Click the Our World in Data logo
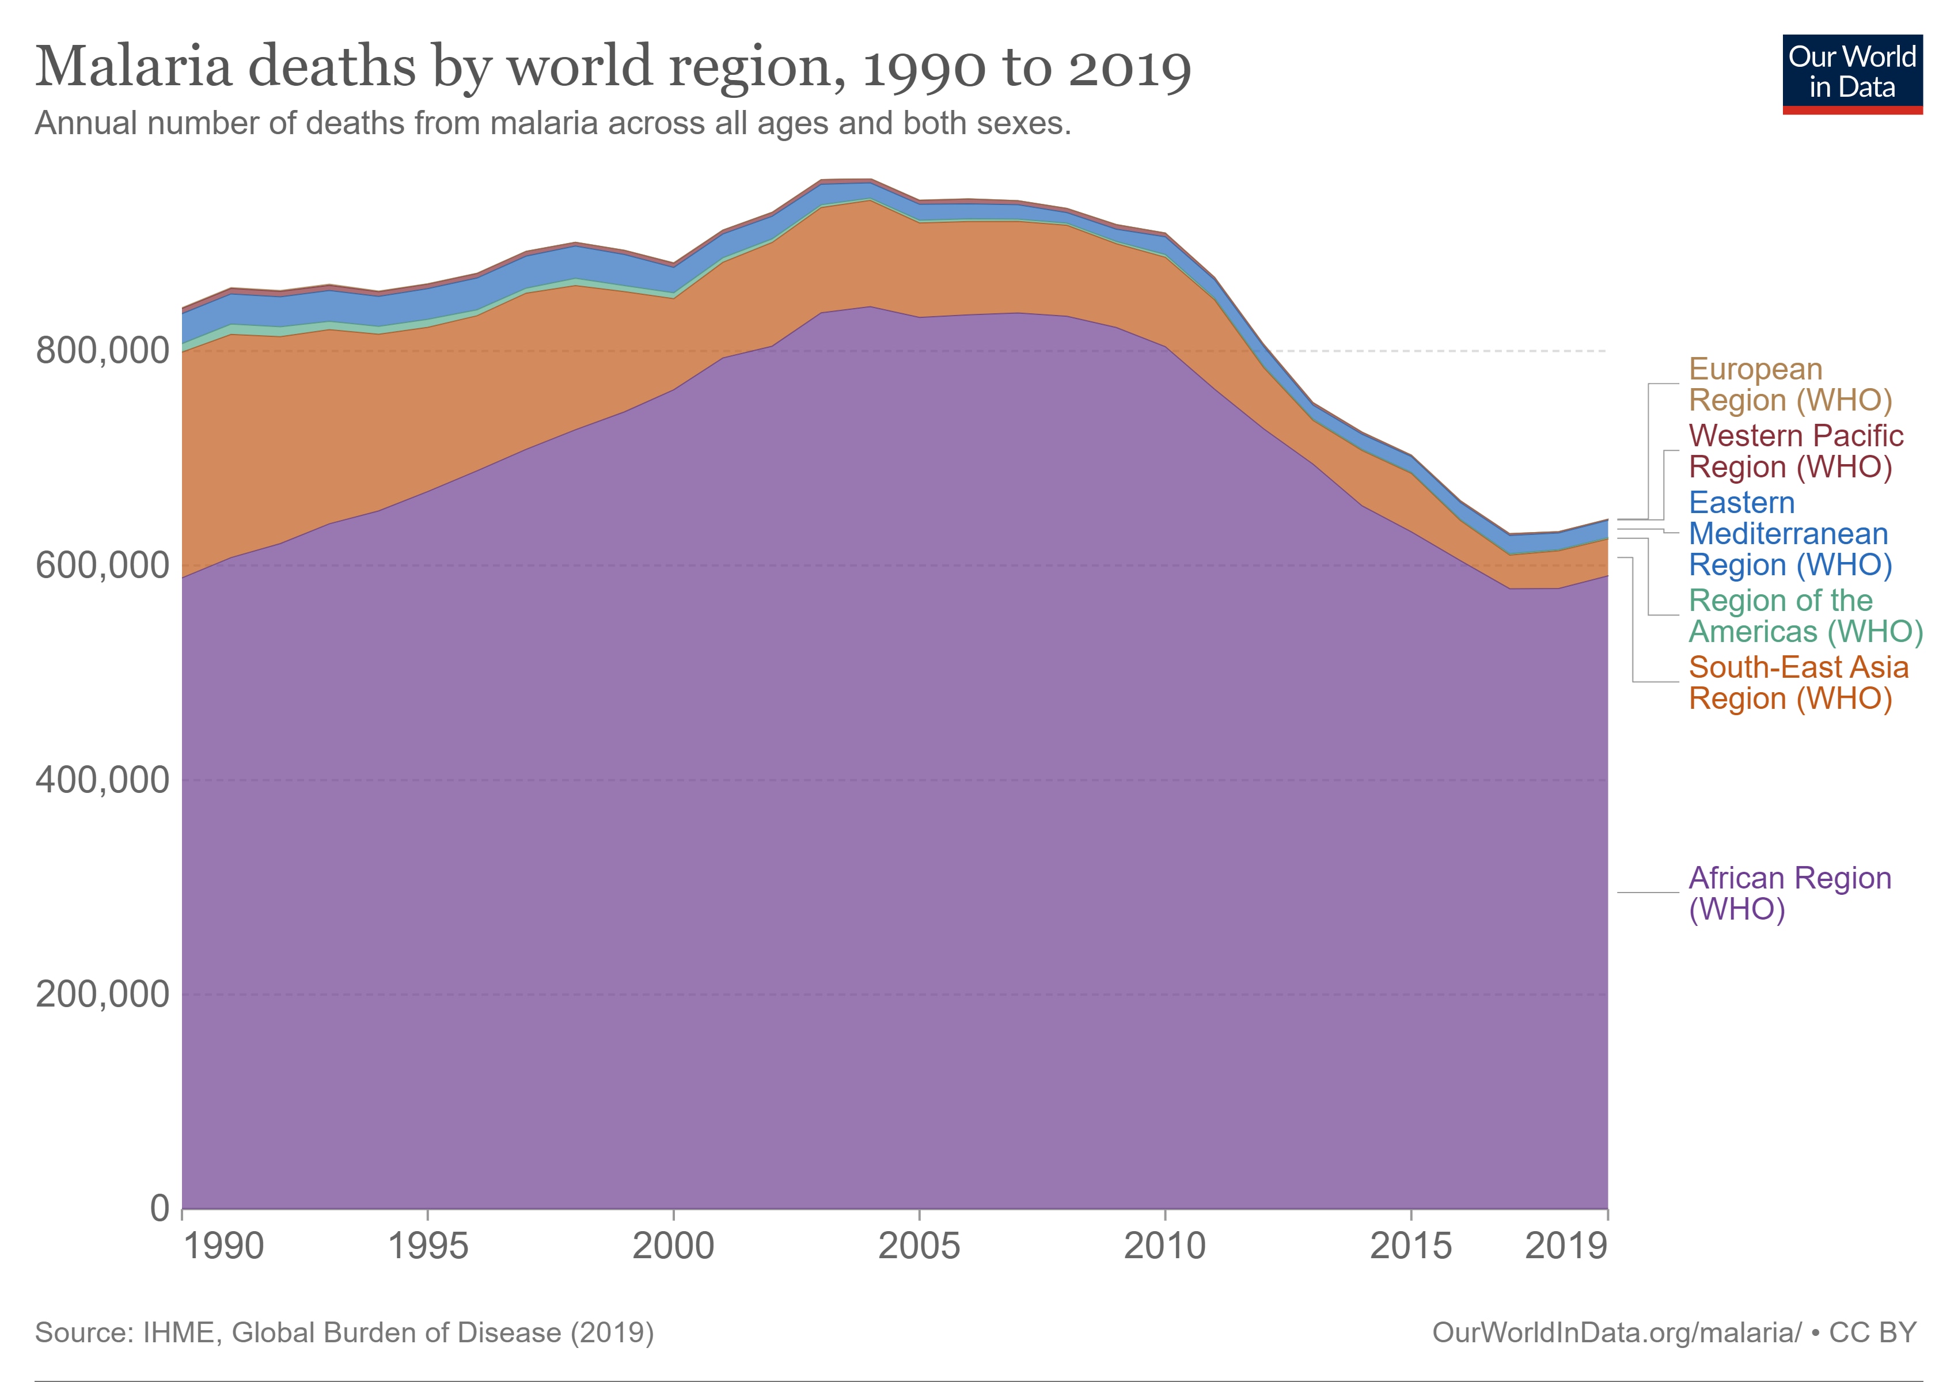pyautogui.click(x=1851, y=73)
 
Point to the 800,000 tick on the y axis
pyautogui.click(x=103, y=351)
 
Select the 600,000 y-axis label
pyautogui.click(x=103, y=565)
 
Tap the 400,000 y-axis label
pyautogui.click(x=103, y=780)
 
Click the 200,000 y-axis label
pyautogui.click(x=103, y=994)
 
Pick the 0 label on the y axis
pyautogui.click(x=160, y=1208)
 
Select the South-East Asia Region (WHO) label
pyautogui.click(x=1798, y=682)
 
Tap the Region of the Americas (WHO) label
pyautogui.click(x=1804, y=616)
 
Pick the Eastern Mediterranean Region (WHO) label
pyautogui.click(x=1789, y=534)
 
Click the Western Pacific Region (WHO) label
pyautogui.click(x=1794, y=451)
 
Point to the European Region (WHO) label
pyautogui.click(x=1789, y=385)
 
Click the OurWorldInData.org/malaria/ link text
pyautogui.click(x=1616, y=1332)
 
